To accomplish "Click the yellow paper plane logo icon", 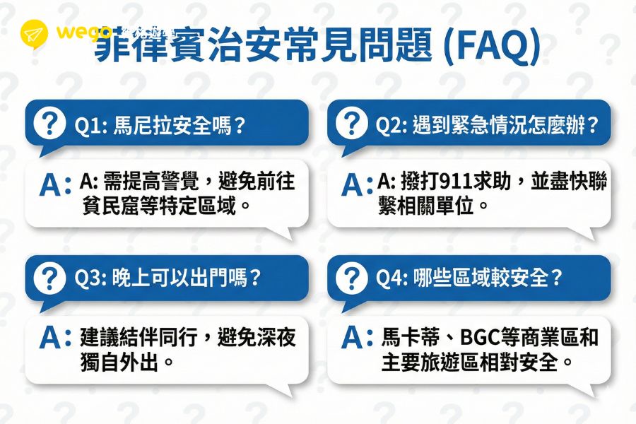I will click(x=34, y=33).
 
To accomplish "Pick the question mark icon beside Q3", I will click(x=49, y=278).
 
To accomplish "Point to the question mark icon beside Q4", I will click(x=351, y=278).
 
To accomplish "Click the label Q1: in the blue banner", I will click(x=90, y=126).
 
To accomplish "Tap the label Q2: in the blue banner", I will click(x=391, y=126).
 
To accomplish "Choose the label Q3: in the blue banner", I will click(x=90, y=278).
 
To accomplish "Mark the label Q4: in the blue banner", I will click(x=391, y=278).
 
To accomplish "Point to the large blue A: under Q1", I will click(x=56, y=184).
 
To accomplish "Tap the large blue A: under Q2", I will click(x=358, y=184).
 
